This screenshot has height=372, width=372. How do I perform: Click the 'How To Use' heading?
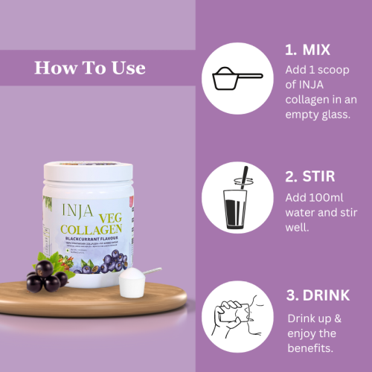point(90,68)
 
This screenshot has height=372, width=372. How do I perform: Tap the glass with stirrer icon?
point(237,199)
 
